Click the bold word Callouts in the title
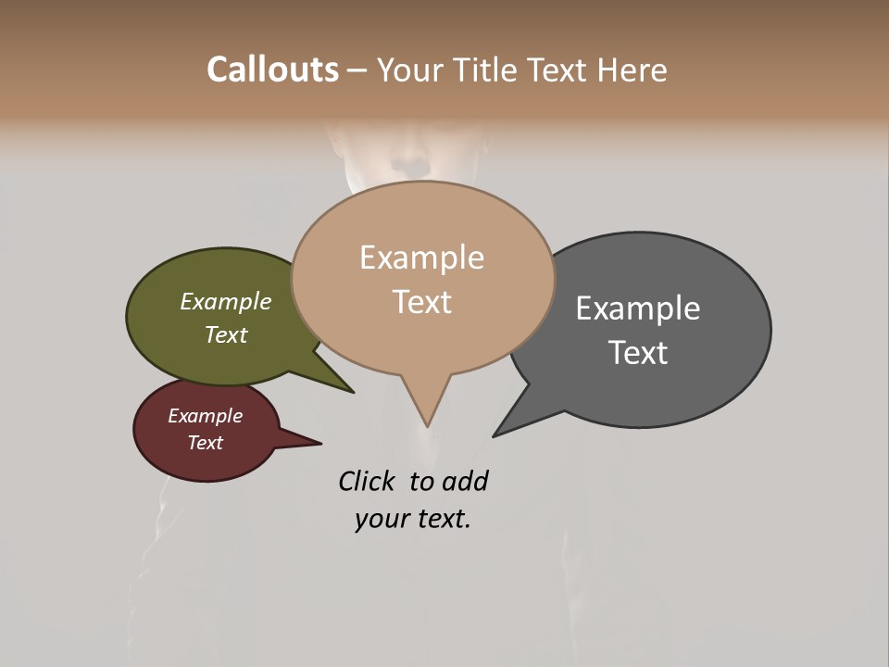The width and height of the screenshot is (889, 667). [x=272, y=69]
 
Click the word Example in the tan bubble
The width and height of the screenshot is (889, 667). [x=421, y=258]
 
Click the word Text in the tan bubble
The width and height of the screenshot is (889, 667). [x=422, y=302]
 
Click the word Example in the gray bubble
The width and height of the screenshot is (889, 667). [x=638, y=308]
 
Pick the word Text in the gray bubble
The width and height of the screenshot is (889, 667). [x=638, y=353]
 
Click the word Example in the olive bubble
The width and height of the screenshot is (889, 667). [x=226, y=301]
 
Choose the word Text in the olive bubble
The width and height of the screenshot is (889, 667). [x=226, y=334]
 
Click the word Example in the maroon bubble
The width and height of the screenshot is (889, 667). [x=206, y=416]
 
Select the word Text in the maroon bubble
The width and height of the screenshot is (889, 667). [x=206, y=443]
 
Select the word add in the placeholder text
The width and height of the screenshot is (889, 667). [x=465, y=481]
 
